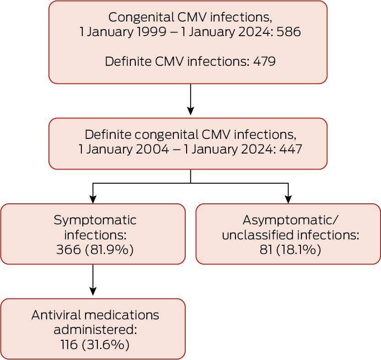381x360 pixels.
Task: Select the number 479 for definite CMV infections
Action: (x=264, y=61)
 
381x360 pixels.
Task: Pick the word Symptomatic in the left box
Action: (x=95, y=220)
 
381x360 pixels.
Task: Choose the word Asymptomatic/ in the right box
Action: (x=290, y=220)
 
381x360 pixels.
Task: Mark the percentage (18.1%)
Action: (x=300, y=250)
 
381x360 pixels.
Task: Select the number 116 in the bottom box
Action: (x=70, y=345)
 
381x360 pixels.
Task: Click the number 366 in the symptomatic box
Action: (x=68, y=250)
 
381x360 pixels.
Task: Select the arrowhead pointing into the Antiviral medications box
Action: (x=93, y=292)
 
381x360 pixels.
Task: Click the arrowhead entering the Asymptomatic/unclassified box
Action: (x=288, y=200)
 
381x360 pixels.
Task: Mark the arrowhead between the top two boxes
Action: (x=190, y=111)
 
